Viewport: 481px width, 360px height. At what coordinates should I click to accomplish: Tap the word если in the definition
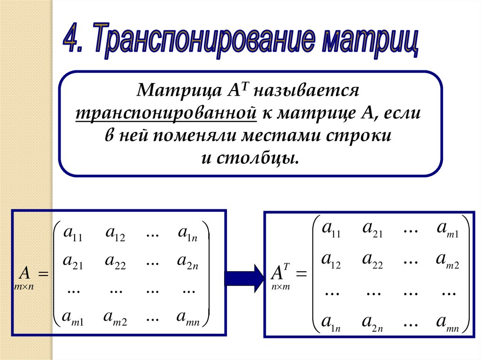tap(403, 113)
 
